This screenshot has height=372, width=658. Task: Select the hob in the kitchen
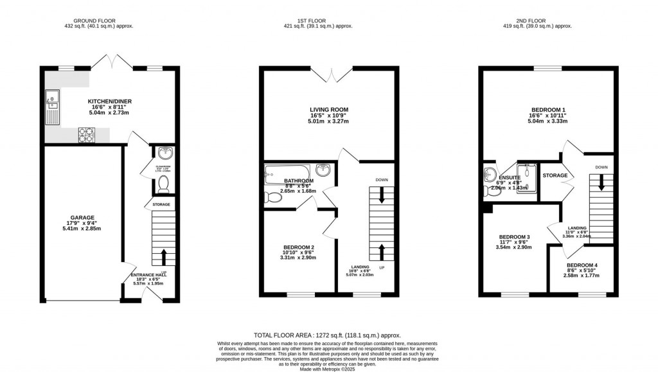click(x=85, y=134)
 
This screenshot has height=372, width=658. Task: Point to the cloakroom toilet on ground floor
click(x=163, y=185)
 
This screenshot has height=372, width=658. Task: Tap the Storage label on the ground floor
click(x=161, y=205)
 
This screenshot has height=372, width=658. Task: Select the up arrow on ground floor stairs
click(x=163, y=258)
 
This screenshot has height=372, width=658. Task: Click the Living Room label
click(x=329, y=110)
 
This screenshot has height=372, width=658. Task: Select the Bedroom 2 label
click(x=298, y=248)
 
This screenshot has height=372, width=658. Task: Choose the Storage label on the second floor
click(x=555, y=175)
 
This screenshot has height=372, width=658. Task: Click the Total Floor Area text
click(x=327, y=335)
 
